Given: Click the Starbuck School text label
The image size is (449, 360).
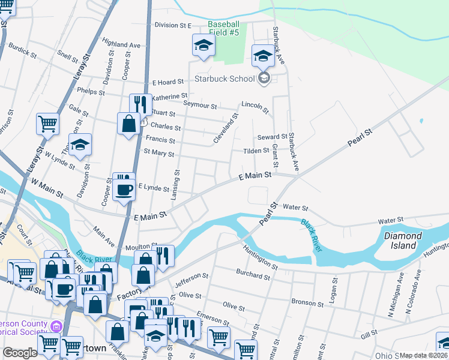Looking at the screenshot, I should (x=225, y=79).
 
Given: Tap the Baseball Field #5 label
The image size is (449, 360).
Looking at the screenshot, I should (x=223, y=28).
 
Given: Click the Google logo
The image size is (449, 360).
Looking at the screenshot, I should (x=20, y=353).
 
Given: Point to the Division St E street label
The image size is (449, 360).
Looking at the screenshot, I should (x=172, y=25).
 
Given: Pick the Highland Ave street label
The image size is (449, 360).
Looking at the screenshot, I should (x=121, y=44).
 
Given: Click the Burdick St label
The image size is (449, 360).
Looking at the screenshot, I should (x=23, y=52).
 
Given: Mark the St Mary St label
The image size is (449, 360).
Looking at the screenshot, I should (x=158, y=154).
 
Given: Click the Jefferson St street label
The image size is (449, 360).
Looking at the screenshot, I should (x=191, y=279).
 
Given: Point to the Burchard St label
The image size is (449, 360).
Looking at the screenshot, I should (x=253, y=276).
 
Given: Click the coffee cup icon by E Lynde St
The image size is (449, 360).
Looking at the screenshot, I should (x=124, y=190).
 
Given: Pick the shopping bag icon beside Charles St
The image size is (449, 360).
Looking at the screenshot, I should (x=129, y=124).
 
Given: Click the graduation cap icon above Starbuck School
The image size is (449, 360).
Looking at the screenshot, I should (x=262, y=56).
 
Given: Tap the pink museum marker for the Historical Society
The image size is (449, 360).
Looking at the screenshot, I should (x=56, y=327).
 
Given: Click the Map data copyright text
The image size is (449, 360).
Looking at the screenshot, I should (x=424, y=355).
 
